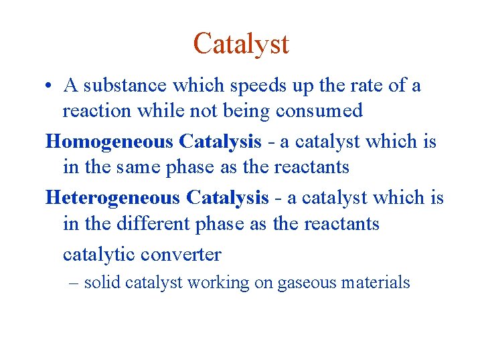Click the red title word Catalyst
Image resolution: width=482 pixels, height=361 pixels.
241,44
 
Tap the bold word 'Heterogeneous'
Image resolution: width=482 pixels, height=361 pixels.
112,198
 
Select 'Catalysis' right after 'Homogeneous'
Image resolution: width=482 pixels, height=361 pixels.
220,142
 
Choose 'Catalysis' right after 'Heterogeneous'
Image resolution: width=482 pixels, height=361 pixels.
228,198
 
